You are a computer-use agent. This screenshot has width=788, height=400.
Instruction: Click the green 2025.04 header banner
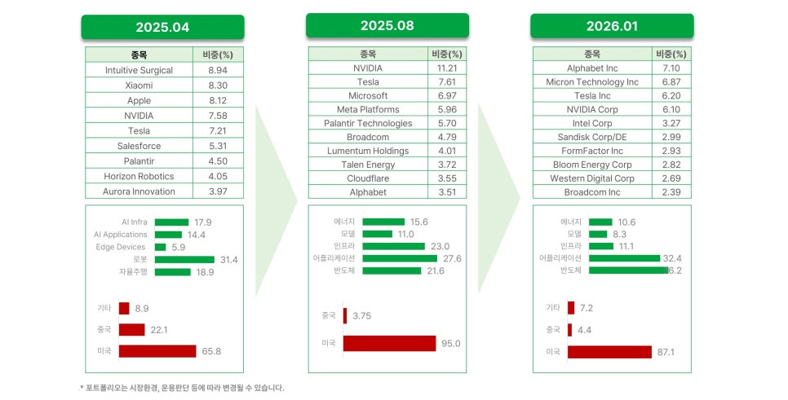pyautogui.click(x=163, y=27)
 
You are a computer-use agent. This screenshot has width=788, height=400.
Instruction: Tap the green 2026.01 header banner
pyautogui.click(x=612, y=26)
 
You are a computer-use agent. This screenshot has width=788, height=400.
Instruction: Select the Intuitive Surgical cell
pyautogui.click(x=139, y=70)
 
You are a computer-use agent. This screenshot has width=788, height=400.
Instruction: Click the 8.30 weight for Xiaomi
pyautogui.click(x=218, y=86)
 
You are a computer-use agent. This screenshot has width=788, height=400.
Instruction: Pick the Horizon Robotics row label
pyautogui.click(x=139, y=176)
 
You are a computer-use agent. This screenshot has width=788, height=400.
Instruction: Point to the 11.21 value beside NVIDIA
pyautogui.click(x=447, y=68)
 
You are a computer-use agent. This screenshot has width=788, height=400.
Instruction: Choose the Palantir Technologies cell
pyautogui.click(x=368, y=124)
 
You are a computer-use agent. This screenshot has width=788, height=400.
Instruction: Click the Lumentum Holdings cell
pyautogui.click(x=368, y=151)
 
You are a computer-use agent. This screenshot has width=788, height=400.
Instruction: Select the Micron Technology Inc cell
pyautogui.click(x=592, y=81)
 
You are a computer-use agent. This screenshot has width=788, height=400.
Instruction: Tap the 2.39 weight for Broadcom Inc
pyautogui.click(x=671, y=192)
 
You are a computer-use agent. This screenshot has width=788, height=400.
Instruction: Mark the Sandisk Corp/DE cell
pyautogui.click(x=592, y=137)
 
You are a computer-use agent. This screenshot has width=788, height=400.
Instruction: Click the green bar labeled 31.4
pyautogui.click(x=184, y=260)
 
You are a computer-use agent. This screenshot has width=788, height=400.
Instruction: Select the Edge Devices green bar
pyautogui.click(x=161, y=247)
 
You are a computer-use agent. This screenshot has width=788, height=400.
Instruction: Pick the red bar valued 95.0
pyautogui.click(x=389, y=343)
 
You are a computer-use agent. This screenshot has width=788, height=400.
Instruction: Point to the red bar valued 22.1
pyautogui.click(x=131, y=330)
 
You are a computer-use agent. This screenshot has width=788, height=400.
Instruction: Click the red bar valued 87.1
pyautogui.click(x=609, y=352)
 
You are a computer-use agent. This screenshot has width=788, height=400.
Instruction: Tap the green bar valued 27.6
pyautogui.click(x=400, y=258)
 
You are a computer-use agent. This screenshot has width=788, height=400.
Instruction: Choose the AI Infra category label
pyautogui.click(x=134, y=222)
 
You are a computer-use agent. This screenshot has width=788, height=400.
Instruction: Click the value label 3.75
pyautogui.click(x=362, y=316)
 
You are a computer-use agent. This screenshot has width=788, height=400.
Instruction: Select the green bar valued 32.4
pyautogui.click(x=624, y=258)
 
